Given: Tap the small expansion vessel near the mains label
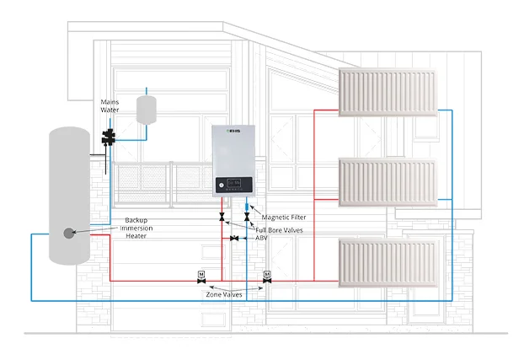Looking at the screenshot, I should (148, 109).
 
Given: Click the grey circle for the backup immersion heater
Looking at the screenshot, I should (68, 232).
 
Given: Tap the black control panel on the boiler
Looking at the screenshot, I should (234, 183).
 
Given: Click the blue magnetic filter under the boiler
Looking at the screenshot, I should (246, 206).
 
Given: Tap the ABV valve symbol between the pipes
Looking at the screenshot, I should (233, 239).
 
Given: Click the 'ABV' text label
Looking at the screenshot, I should (264, 239).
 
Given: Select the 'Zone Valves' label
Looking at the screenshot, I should (230, 294).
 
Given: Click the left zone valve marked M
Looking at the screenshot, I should (201, 277).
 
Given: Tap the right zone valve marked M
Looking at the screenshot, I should (266, 277).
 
